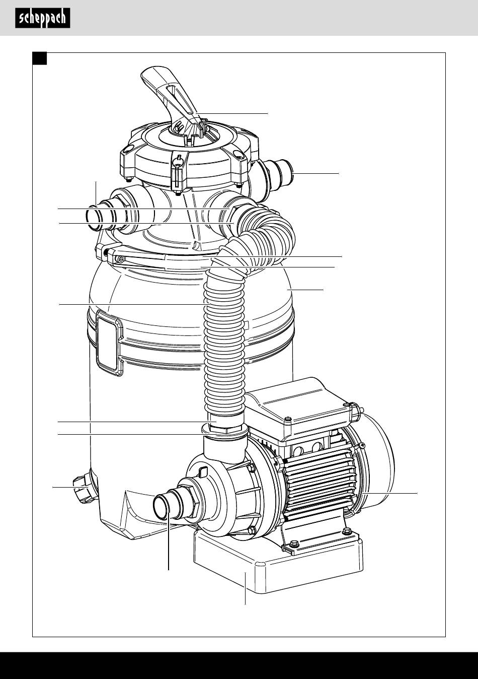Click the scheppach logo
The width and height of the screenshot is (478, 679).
[43, 18]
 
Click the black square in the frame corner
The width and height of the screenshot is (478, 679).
[40, 58]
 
